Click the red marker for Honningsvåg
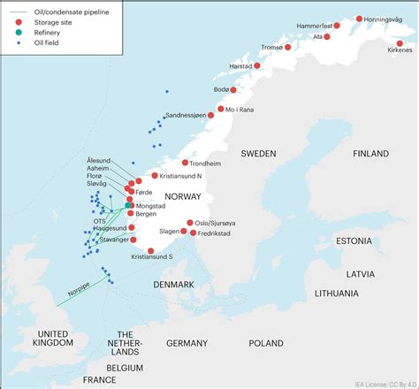pos(359,19)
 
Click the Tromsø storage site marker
pos(287,48)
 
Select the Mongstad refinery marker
pos(129,205)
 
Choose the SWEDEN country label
pos(258,152)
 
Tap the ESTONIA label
pos(354,240)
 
